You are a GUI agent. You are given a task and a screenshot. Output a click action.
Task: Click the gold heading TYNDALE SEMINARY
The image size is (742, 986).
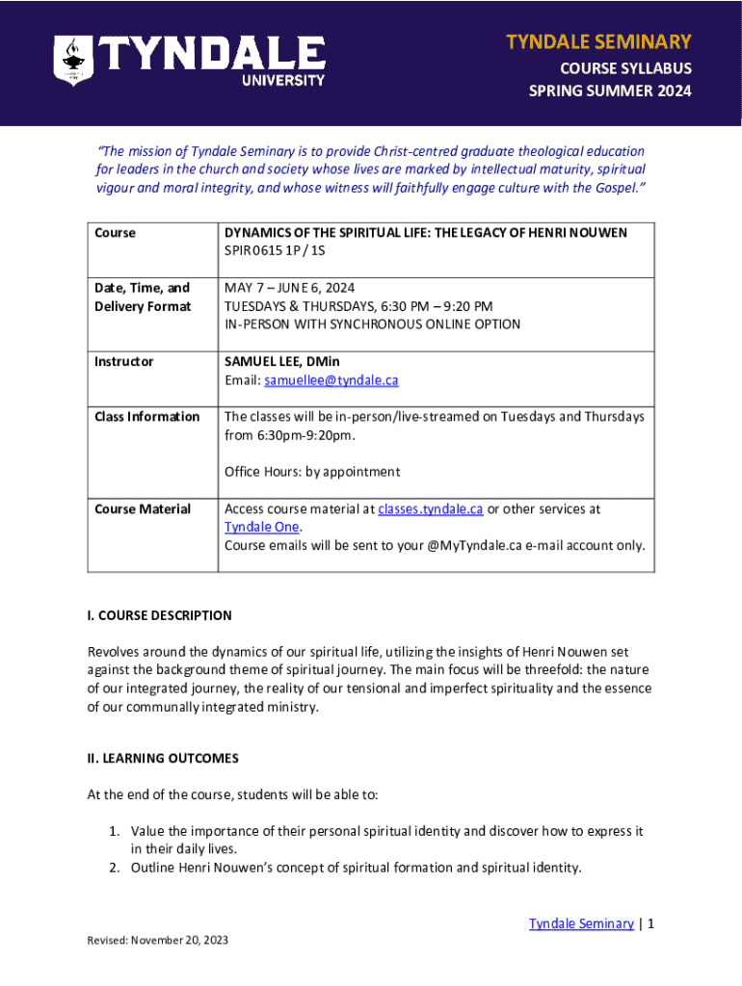tap(598, 41)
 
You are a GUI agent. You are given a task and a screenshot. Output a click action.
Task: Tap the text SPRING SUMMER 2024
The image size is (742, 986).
tap(610, 92)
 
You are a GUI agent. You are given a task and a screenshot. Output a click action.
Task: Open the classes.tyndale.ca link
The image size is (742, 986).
tap(430, 508)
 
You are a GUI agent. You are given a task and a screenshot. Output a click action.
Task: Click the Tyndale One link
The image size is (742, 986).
tap(261, 527)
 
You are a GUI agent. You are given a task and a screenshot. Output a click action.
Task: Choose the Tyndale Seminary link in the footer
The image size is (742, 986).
tap(581, 923)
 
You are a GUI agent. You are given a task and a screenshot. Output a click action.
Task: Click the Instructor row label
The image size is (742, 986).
tap(124, 362)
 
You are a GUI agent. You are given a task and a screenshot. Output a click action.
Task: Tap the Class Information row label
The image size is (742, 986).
tap(146, 417)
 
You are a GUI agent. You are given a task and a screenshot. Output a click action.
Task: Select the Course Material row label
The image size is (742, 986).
tap(143, 509)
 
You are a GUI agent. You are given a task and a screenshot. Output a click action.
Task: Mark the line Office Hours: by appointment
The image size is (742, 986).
tap(311, 472)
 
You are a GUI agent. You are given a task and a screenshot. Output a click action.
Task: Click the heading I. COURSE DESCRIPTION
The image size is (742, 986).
tap(159, 615)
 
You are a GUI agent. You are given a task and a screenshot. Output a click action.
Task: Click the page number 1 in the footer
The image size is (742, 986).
tap(651, 923)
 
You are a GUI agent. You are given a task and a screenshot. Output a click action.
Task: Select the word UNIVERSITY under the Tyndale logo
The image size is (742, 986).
tap(282, 80)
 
